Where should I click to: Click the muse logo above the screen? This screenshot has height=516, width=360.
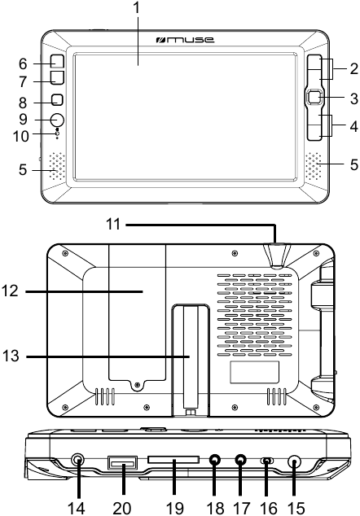tap(185, 40)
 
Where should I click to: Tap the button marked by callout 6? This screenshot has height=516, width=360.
tap(57, 61)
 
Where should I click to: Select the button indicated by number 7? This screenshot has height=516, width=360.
tap(57, 77)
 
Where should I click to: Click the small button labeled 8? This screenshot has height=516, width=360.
tap(57, 99)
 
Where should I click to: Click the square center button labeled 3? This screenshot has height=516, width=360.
tap(314, 98)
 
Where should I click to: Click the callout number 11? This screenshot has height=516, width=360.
tap(113, 225)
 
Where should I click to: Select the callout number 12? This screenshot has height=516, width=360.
tap(10, 291)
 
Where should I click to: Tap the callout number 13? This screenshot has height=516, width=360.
tap(11, 356)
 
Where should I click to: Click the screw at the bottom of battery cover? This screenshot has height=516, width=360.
tap(138, 385)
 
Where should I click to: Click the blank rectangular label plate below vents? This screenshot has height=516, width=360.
tap(254, 372)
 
